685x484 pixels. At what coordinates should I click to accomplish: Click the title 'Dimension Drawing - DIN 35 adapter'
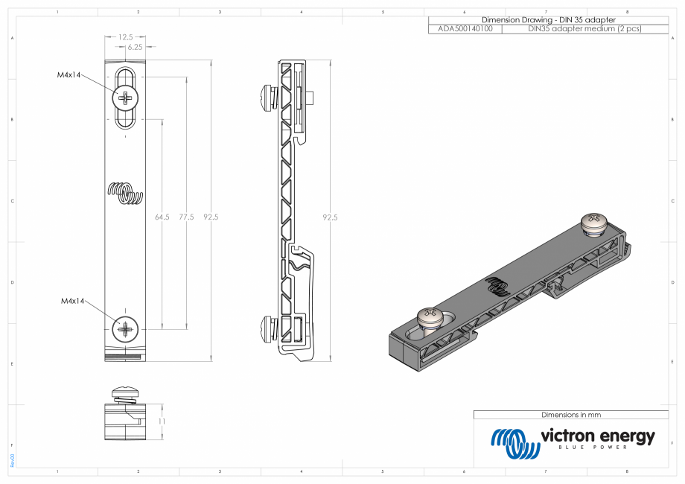pyautogui.click(x=549, y=19)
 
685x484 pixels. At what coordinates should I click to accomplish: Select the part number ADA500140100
pyautogui.click(x=465, y=28)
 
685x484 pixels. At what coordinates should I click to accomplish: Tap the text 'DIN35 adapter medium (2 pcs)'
pyautogui.click(x=584, y=28)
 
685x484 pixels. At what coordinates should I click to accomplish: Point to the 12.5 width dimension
pyautogui.click(x=126, y=36)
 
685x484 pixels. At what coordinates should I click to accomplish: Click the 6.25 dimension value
pyautogui.click(x=136, y=47)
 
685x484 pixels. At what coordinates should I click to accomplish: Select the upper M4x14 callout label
pyautogui.click(x=68, y=74)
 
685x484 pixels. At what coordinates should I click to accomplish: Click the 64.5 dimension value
pyautogui.click(x=162, y=217)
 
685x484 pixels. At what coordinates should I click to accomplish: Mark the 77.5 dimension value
pyautogui.click(x=186, y=217)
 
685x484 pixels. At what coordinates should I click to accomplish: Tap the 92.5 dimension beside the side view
pyautogui.click(x=330, y=217)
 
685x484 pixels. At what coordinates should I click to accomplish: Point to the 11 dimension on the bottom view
pyautogui.click(x=162, y=421)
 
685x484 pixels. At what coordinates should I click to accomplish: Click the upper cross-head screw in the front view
pyautogui.click(x=126, y=98)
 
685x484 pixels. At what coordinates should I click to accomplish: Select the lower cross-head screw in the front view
pyautogui.click(x=125, y=328)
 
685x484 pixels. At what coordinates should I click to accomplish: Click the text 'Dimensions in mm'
pyautogui.click(x=570, y=414)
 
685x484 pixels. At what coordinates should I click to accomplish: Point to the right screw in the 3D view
pyautogui.click(x=594, y=221)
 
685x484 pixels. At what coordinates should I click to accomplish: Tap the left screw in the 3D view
pyautogui.click(x=431, y=318)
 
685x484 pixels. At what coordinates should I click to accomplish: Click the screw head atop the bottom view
pyautogui.click(x=125, y=392)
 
